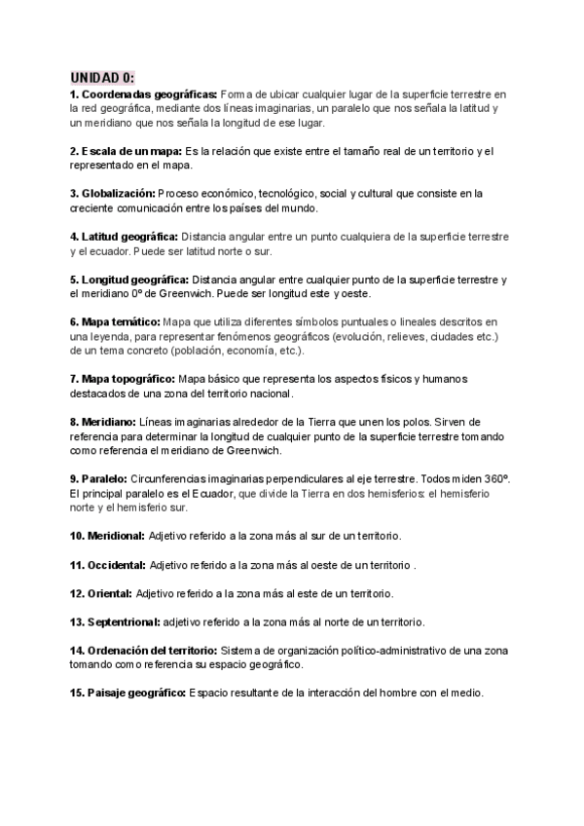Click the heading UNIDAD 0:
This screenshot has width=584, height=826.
coord(102,77)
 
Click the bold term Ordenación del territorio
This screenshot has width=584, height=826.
coord(152,650)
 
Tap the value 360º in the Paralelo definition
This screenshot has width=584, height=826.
coord(499,479)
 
